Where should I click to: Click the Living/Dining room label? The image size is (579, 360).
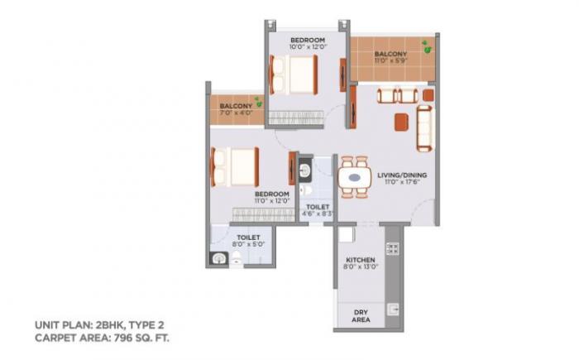pyautogui.click(x=395, y=175)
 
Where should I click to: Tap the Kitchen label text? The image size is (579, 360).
pyautogui.click(x=360, y=258)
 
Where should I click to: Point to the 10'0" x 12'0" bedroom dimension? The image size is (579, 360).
pyautogui.click(x=307, y=47)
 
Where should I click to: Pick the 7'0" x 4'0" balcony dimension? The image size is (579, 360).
pyautogui.click(x=236, y=113)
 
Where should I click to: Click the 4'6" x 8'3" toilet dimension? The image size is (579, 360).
pyautogui.click(x=318, y=214)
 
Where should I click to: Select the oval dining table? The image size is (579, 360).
pyautogui.click(x=355, y=177)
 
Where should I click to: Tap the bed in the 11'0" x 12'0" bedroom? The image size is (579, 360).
pyautogui.click(x=235, y=167)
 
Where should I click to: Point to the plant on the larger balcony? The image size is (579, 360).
pyautogui.click(x=425, y=44)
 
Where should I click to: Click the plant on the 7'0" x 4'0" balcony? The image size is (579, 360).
pyautogui.click(x=259, y=102)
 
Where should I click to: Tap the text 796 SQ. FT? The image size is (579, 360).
pyautogui.click(x=143, y=338)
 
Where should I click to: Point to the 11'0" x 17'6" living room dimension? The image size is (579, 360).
pyautogui.click(x=395, y=185)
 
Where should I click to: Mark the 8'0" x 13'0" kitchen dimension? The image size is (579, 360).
pyautogui.click(x=360, y=266)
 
